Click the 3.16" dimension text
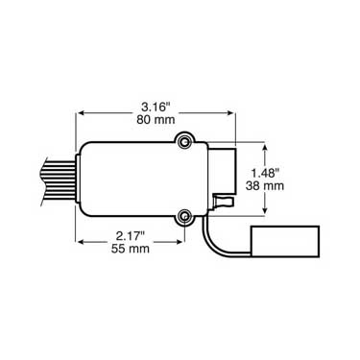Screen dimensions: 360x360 click(x=156, y=107)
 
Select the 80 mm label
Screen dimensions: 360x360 click(x=156, y=120)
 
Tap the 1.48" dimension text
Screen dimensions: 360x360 click(x=266, y=173)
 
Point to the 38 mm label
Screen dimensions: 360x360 click(x=265, y=185)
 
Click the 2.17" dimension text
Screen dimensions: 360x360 click(x=131, y=236)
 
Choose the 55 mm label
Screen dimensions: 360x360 click(x=131, y=249)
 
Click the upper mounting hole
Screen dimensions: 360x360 click(x=184, y=142)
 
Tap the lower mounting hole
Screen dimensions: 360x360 click(x=184, y=216)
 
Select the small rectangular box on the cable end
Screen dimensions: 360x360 click(x=285, y=241)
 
